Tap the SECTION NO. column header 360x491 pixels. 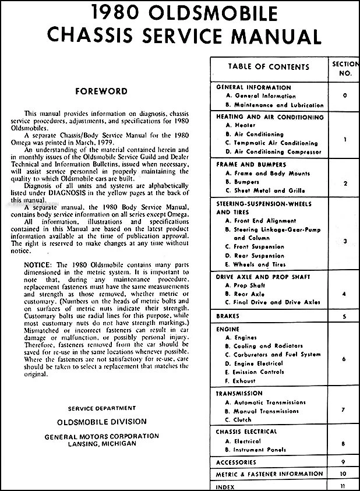coord(345,69)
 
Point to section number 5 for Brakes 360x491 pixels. coord(345,316)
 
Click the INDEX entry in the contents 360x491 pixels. coord(225,485)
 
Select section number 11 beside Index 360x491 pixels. coord(345,485)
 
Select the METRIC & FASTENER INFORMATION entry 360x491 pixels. coord(269,474)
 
